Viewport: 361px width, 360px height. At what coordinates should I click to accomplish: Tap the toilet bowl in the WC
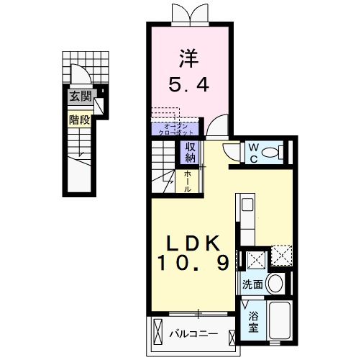pyautogui.click(x=272, y=152)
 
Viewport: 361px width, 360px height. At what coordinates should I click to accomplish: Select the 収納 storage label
pyautogui.click(x=191, y=152)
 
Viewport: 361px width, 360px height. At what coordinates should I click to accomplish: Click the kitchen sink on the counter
pyautogui.click(x=246, y=205)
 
